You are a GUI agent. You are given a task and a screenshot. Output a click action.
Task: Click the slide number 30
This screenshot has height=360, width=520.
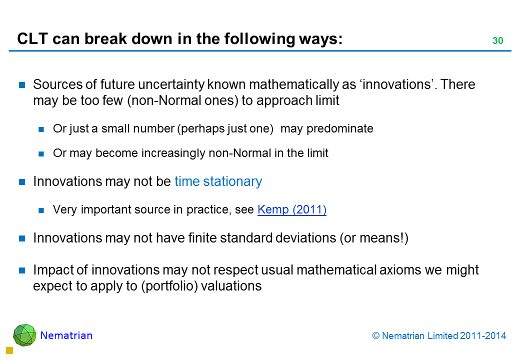(498, 40)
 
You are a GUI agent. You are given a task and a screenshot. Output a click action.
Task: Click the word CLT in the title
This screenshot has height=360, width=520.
(32, 39)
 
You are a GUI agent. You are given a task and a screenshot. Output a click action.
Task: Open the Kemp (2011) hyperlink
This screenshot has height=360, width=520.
(292, 209)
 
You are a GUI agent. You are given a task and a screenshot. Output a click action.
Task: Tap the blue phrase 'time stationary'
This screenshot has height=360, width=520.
(218, 181)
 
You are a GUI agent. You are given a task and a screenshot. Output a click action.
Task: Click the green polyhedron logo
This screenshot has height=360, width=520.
(24, 335)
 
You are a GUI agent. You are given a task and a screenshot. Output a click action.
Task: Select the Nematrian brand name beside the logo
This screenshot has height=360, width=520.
(66, 335)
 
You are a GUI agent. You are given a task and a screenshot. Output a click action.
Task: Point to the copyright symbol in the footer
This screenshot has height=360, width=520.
(375, 336)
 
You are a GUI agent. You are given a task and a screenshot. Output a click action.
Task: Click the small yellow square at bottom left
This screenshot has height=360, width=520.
(9, 350)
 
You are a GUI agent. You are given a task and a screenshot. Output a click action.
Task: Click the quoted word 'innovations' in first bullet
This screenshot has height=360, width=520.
(396, 84)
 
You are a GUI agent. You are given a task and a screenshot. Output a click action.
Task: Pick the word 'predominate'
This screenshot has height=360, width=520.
(340, 128)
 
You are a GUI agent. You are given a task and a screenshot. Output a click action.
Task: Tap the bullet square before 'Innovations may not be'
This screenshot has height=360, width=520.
(22, 181)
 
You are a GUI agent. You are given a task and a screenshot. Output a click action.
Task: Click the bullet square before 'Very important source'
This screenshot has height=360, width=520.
(41, 210)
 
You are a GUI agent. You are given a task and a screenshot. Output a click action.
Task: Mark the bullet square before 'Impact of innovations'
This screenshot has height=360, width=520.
(22, 270)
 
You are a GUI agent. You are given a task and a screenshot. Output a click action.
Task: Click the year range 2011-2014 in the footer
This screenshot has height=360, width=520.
(483, 336)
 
